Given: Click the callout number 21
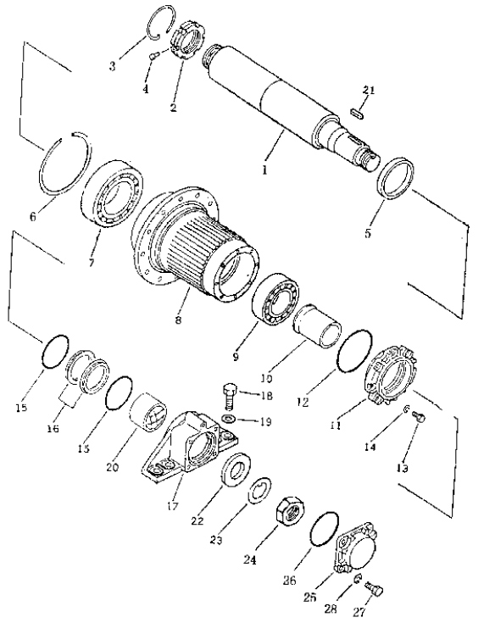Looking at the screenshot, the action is [368, 90].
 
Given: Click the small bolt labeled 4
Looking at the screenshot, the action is [153, 57].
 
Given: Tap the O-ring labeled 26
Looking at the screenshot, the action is [325, 530].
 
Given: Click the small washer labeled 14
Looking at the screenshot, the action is [406, 410].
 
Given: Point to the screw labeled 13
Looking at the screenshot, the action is [419, 417].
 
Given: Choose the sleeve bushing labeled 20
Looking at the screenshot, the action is [148, 412].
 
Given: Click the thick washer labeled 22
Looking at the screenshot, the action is [237, 470].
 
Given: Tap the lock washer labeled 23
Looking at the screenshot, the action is [259, 491].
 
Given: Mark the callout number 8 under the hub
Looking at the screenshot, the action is [178, 321].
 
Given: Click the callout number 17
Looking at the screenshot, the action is [173, 505].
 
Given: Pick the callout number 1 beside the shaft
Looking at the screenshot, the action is [264, 170].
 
